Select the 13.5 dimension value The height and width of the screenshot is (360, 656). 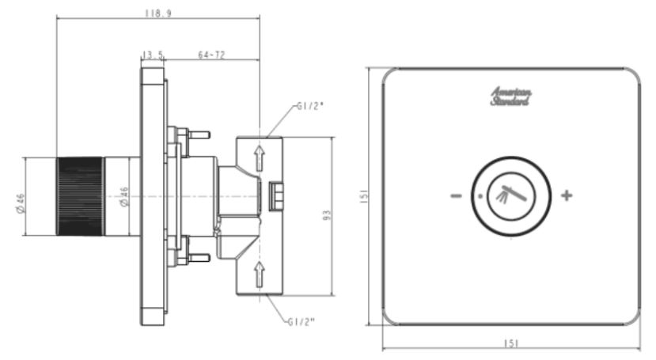point(152,55)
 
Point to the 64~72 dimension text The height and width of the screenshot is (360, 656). point(210,55)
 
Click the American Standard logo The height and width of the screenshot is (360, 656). point(511,97)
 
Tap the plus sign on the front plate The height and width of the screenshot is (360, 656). point(567,195)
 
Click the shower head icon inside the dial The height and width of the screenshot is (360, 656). point(511,195)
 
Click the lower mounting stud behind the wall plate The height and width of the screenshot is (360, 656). point(194,257)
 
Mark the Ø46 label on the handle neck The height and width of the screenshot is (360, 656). point(123,196)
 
